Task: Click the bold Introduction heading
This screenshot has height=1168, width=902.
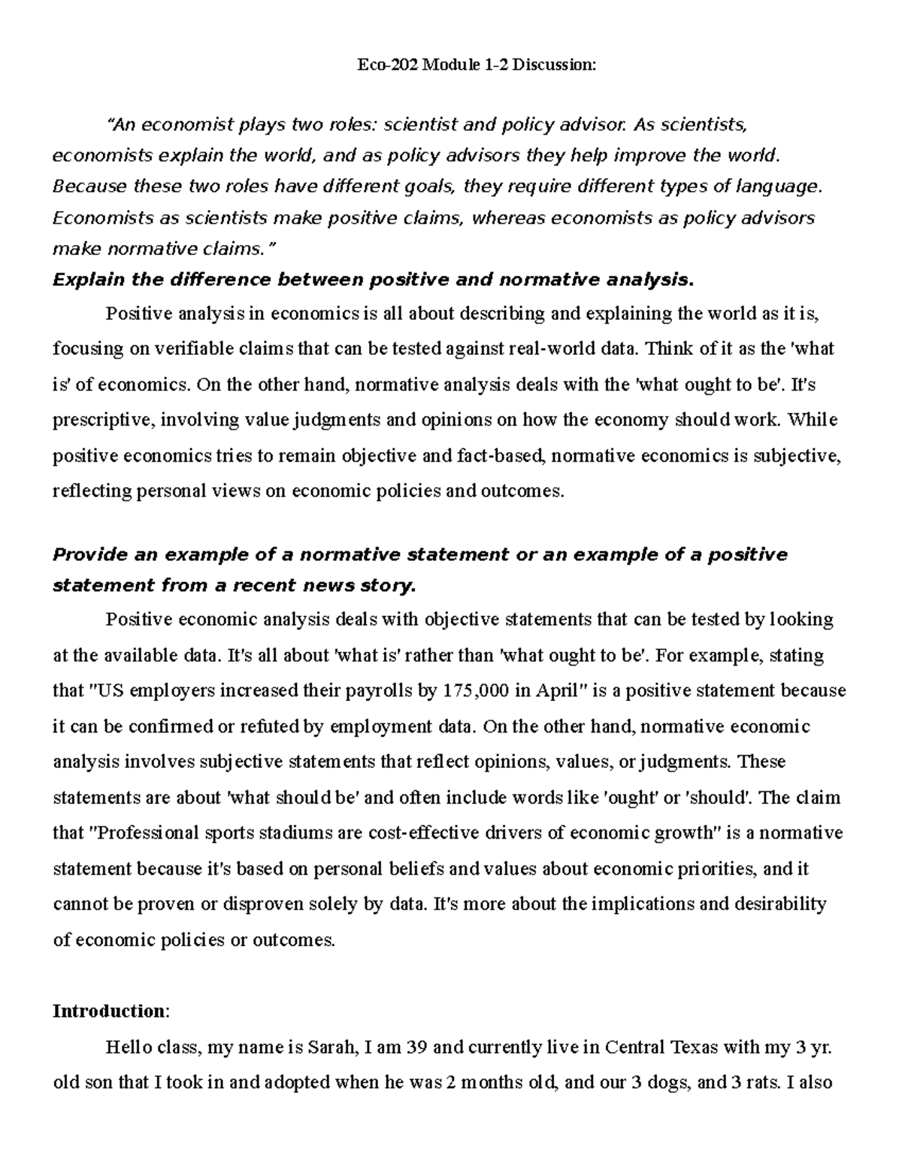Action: (107, 1011)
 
